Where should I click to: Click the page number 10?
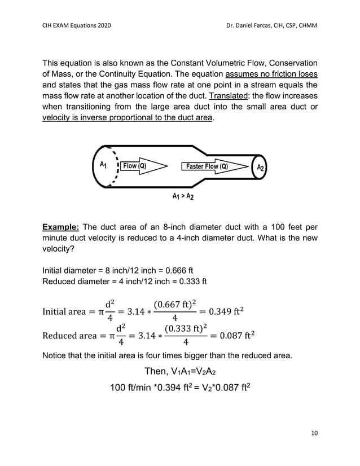point(314,433)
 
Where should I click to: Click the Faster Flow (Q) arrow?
point(214,166)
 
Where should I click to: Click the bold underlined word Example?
point(62,228)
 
